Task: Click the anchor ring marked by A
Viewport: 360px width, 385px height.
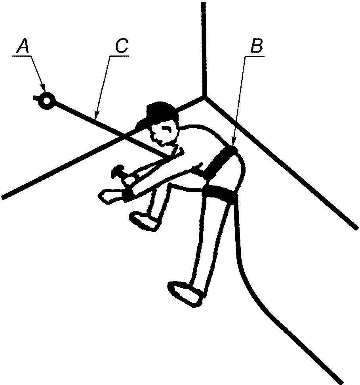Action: [x=47, y=100]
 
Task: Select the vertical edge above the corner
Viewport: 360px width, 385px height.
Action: [x=204, y=48]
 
